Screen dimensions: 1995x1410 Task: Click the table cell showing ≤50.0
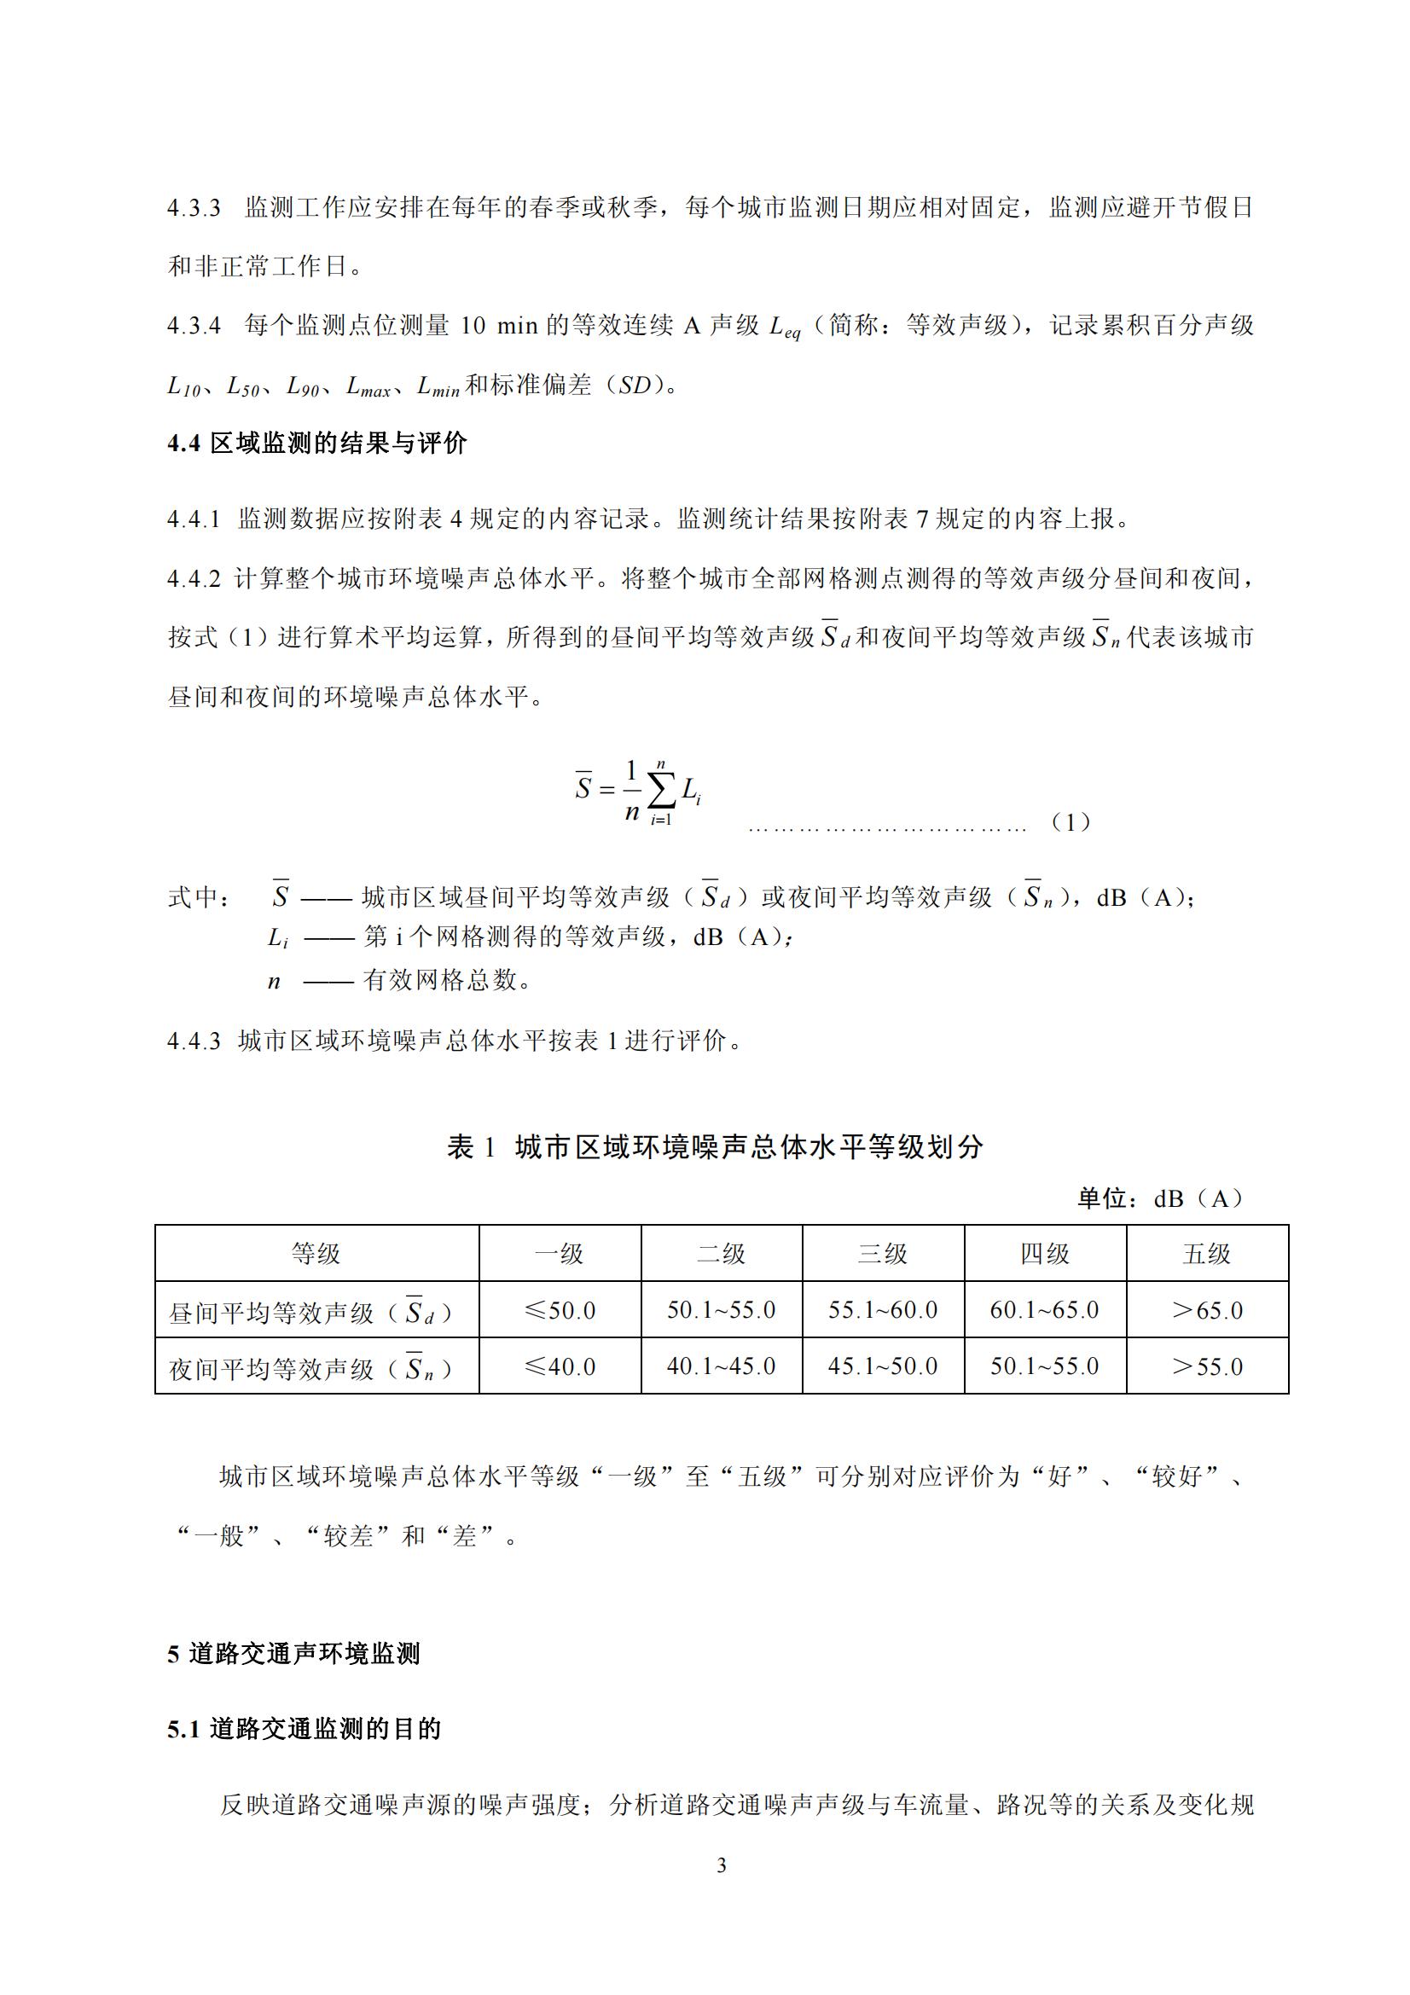560,1310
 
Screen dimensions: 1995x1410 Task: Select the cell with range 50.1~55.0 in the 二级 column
721,1310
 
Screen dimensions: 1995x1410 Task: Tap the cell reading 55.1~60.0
883,1310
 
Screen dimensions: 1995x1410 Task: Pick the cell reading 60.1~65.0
1044,1310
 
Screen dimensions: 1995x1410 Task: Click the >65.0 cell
1207,1310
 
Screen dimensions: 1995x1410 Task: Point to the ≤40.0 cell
560,1366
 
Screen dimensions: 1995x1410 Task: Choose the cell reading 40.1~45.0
721,1366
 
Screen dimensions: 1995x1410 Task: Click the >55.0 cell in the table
1207,1366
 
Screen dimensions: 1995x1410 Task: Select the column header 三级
883,1254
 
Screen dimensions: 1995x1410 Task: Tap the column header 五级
1207,1254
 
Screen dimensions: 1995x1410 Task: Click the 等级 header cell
316,1254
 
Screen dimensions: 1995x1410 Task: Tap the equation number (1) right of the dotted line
1071,821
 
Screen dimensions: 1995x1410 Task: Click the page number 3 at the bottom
721,1865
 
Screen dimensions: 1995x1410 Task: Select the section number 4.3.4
194,326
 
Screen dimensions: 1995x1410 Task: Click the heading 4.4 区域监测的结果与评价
317,444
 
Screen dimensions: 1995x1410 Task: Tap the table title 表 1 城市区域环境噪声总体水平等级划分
715,1147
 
